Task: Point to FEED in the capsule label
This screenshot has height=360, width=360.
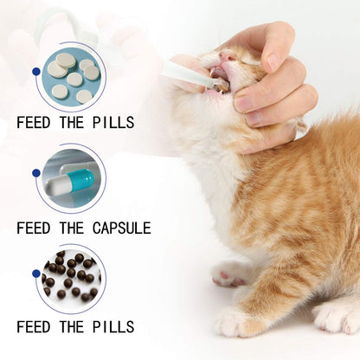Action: (33, 228)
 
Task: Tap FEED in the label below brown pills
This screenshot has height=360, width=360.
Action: (33, 326)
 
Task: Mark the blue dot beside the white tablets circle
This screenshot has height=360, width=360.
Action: (35, 72)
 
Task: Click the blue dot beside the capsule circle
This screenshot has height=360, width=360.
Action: (35, 173)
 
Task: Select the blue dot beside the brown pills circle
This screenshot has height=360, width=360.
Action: (35, 274)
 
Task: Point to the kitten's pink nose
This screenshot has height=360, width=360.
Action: (226, 55)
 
